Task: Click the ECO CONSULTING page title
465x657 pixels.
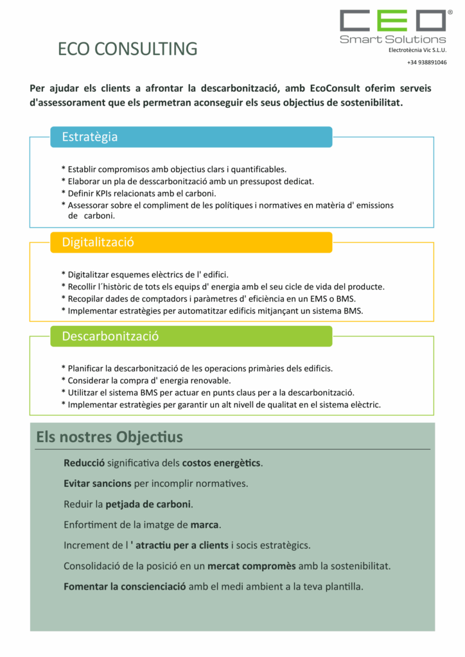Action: coord(127,49)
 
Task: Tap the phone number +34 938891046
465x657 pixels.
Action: coord(426,62)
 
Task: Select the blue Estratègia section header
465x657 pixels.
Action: coord(191,137)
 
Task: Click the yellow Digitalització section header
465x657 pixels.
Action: coord(191,242)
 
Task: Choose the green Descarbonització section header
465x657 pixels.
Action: coord(191,336)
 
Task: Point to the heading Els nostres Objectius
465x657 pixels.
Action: coord(109,437)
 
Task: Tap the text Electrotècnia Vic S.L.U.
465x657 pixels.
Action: coord(417,50)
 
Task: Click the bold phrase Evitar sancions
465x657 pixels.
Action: coord(98,483)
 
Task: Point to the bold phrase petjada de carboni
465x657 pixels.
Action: coord(148,504)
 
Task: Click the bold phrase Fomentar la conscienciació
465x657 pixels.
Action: coord(125,586)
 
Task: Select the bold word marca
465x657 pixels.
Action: coord(205,524)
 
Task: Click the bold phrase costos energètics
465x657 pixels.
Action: coord(222,463)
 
